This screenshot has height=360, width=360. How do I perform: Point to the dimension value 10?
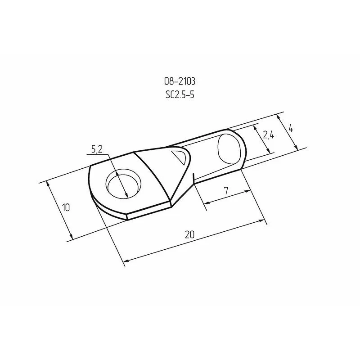pyautogui.click(x=66, y=207)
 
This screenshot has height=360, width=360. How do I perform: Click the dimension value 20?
pyautogui.click(x=190, y=234)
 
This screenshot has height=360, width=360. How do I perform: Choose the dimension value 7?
pyautogui.click(x=226, y=191)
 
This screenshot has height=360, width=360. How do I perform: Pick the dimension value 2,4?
pyautogui.click(x=269, y=134)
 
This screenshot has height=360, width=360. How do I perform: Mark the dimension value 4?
pyautogui.click(x=291, y=128)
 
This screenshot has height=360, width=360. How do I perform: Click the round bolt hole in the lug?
pyautogui.click(x=123, y=184)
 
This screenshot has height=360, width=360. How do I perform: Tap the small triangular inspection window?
pyautogui.click(x=179, y=157)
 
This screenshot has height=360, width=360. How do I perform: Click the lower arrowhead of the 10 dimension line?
pyautogui.click(x=71, y=237)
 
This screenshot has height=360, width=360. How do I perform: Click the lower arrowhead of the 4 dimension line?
pyautogui.click(x=297, y=148)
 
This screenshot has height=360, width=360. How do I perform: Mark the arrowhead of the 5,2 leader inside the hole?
pyautogui.click(x=127, y=195)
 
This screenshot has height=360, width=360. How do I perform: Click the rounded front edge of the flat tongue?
pyautogui.click(x=92, y=189)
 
